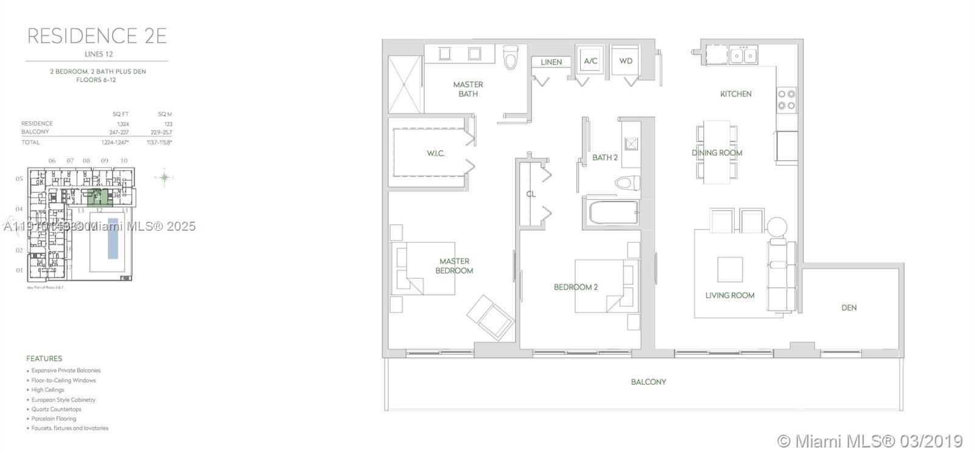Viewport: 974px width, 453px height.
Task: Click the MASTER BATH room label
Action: tap(468, 89)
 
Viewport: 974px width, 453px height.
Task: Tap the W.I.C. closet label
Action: tap(435, 153)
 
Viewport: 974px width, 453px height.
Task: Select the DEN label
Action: tap(849, 307)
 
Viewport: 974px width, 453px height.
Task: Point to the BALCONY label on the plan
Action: tap(648, 382)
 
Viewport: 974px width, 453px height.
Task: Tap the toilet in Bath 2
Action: tap(626, 183)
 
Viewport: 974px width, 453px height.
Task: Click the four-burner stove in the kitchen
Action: tap(787, 99)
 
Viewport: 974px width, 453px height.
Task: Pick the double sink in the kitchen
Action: tap(743, 55)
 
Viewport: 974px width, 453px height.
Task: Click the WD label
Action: tap(626, 61)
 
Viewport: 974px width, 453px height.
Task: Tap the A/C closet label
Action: tap(590, 61)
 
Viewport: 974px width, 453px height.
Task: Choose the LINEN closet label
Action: tap(551, 62)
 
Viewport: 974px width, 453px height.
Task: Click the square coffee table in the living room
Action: tap(729, 269)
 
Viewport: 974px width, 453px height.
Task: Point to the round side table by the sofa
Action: tap(777, 227)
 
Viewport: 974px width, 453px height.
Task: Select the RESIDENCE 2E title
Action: tap(97, 36)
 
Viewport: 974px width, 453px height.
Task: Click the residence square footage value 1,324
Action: tap(123, 124)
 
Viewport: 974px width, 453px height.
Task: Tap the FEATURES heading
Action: tap(44, 359)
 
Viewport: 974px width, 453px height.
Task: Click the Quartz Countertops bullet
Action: tap(56, 409)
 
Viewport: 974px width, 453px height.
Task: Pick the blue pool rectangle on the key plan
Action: tap(113, 238)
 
